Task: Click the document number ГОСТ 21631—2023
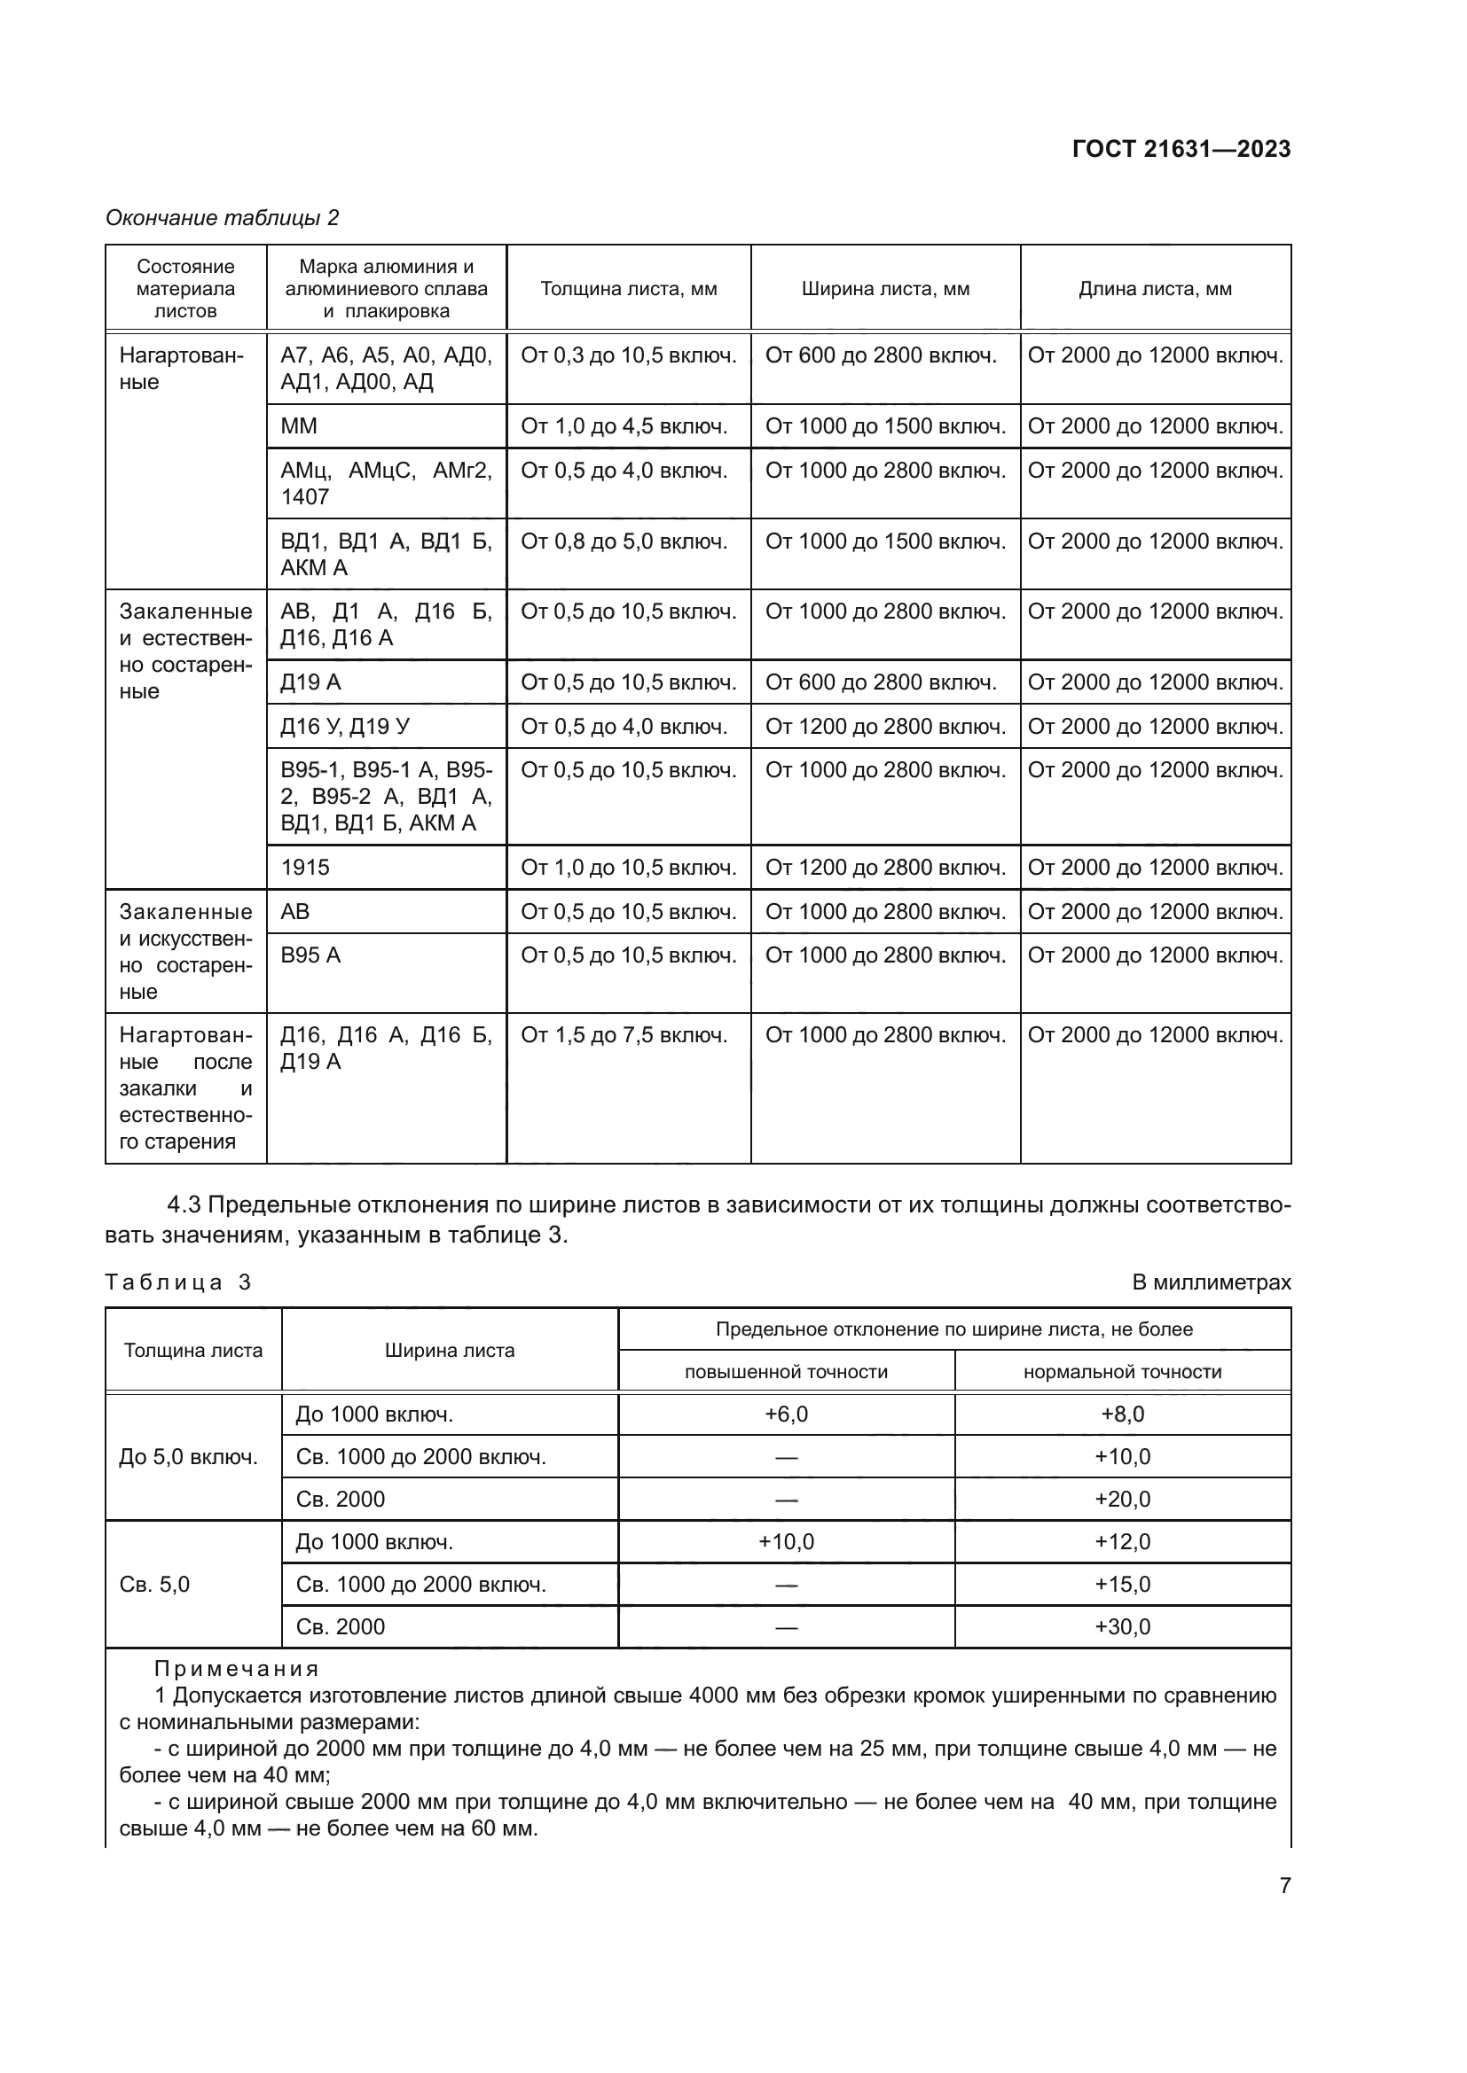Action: (1181, 149)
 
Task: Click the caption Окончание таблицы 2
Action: (223, 218)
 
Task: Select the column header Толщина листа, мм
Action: (629, 289)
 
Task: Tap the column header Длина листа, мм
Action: (1155, 289)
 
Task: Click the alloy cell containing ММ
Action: (299, 426)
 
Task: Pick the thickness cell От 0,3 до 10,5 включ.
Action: (629, 355)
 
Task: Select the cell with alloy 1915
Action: (304, 868)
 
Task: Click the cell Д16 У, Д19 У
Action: (345, 727)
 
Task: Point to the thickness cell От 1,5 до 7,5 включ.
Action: (624, 1035)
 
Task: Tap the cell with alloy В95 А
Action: (310, 955)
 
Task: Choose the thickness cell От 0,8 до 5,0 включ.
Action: (624, 542)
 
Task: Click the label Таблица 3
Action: (178, 1282)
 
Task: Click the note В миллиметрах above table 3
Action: (1211, 1282)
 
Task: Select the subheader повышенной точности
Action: (786, 1372)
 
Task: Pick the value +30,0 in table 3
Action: (1122, 1627)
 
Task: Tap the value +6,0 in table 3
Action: (786, 1414)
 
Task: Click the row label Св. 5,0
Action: (154, 1585)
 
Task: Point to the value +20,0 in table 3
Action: (1122, 1500)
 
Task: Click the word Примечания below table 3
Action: (237, 1669)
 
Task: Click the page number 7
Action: (1284, 1886)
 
